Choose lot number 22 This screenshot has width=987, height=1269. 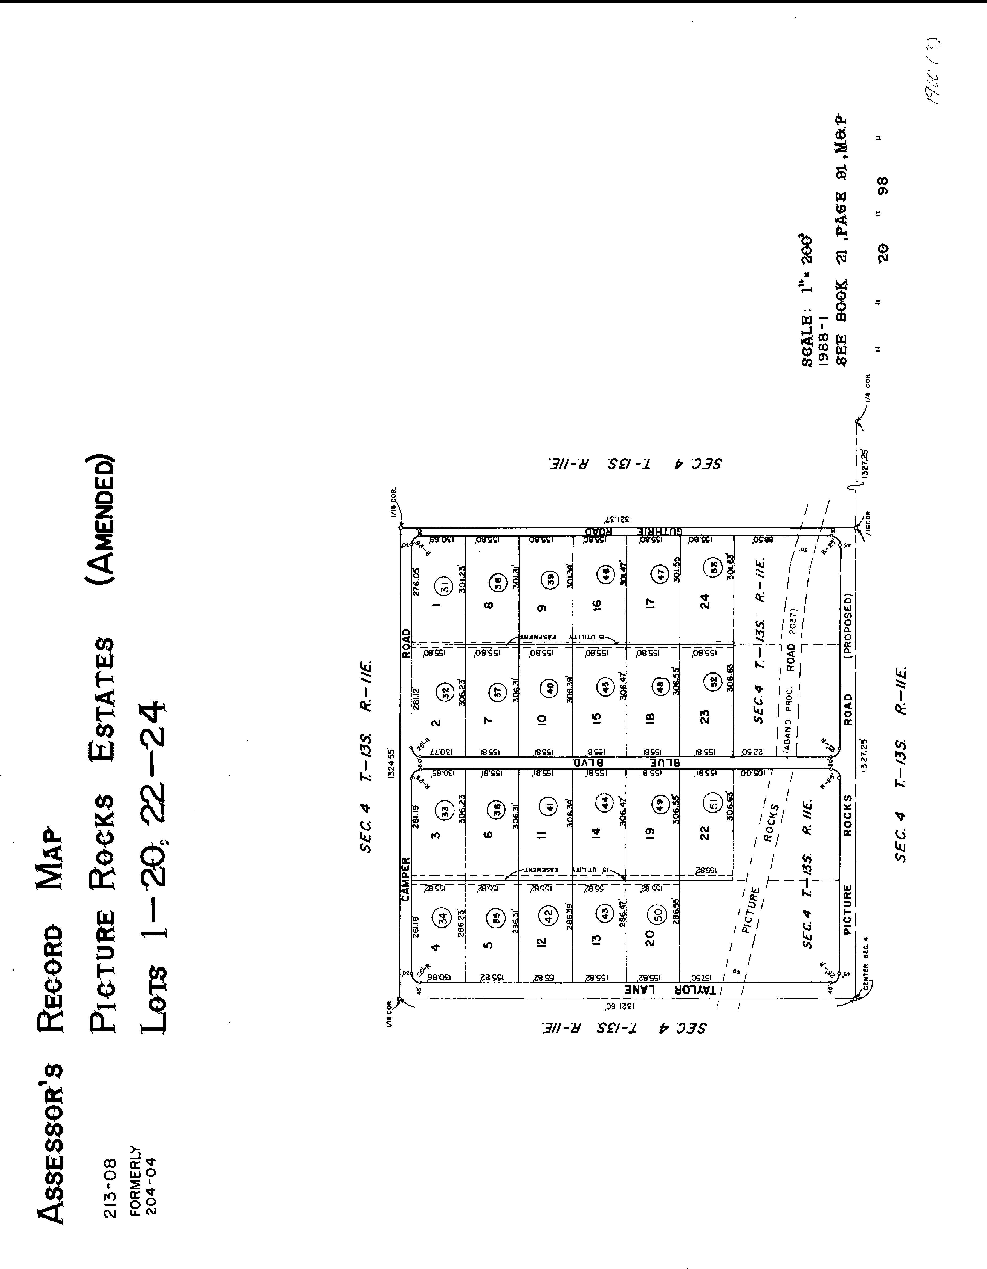point(705,833)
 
